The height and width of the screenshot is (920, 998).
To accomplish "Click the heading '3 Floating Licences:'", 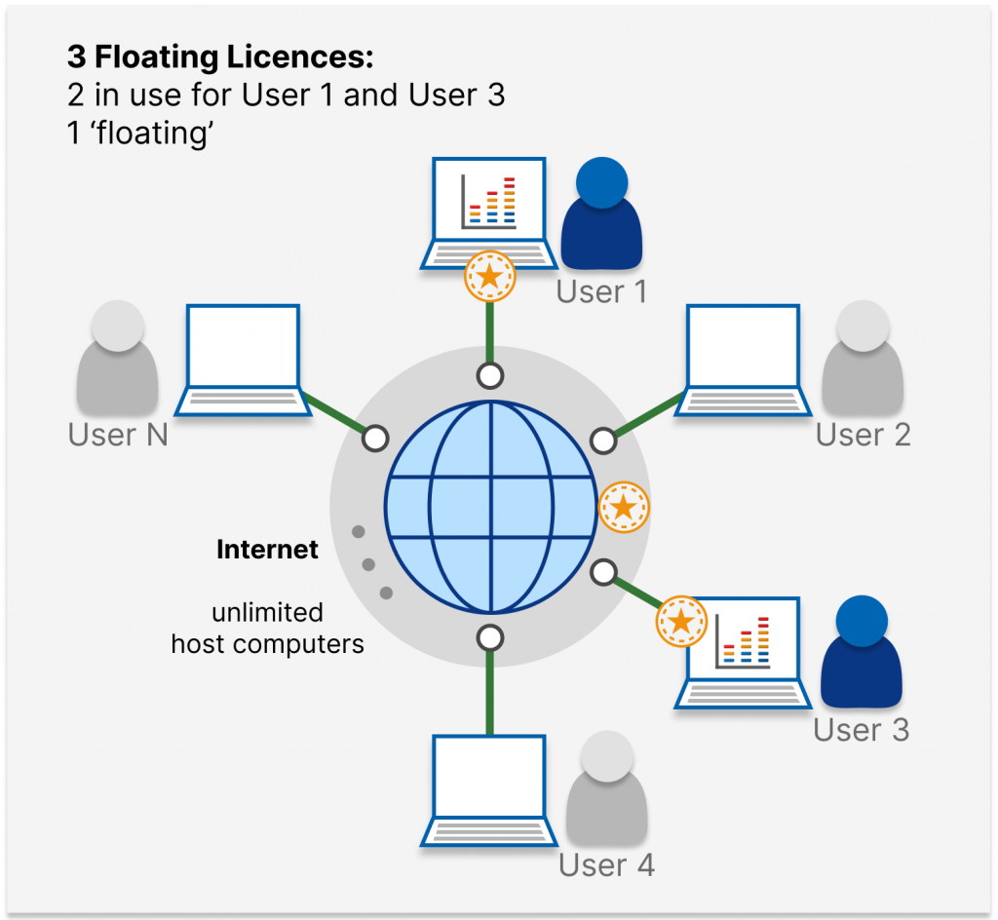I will (x=220, y=57).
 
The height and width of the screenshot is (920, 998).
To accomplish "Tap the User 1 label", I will (x=601, y=291).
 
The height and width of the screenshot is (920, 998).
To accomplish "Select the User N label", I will (x=118, y=435).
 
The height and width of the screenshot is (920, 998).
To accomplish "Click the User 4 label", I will (x=606, y=864).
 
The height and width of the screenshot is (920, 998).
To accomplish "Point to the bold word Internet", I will (x=267, y=550).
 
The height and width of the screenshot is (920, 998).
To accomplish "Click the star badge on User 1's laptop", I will (x=489, y=277).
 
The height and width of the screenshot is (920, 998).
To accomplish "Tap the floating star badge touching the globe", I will (x=624, y=507).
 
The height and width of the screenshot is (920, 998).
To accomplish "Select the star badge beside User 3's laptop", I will (x=681, y=621).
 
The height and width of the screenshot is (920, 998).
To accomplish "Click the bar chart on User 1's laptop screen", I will (x=489, y=199).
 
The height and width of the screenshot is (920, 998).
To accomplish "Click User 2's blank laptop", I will (x=743, y=361).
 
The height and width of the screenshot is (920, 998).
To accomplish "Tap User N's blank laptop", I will (x=243, y=361).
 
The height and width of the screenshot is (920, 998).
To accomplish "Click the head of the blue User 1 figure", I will (x=601, y=182).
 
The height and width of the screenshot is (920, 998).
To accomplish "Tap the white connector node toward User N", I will (x=375, y=440).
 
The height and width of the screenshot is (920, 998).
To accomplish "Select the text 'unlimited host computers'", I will (x=267, y=629).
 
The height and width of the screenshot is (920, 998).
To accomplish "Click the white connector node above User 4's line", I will (x=490, y=638).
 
